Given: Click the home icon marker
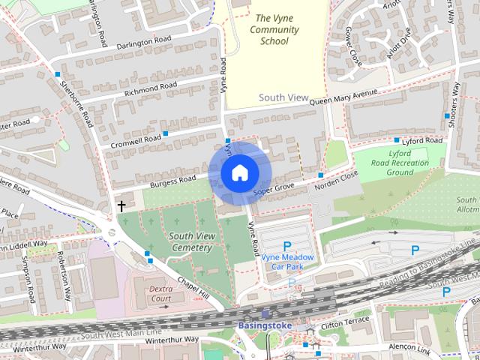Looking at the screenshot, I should tap(239, 172).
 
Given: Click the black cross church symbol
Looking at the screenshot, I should tap(121, 205).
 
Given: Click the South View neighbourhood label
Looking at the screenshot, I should tap(283, 97).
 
